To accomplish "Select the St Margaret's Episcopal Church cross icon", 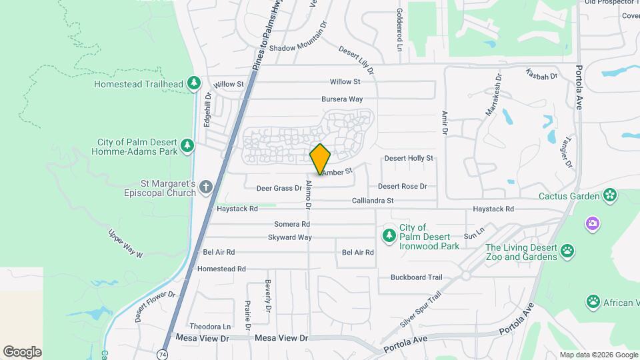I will tap(206, 187).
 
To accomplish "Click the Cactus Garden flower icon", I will tap(609, 195).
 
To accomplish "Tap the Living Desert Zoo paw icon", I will tap(567, 251).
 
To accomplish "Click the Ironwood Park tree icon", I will tap(389, 235).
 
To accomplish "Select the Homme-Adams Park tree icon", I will tap(188, 146).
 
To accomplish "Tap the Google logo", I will tap(22, 352).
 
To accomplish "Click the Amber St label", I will tap(337, 172).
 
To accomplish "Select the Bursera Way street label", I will tap(341, 99).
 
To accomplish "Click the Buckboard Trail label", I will tap(417, 277).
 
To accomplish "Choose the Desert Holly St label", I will tap(409, 158).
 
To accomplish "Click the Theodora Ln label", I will tap(210, 327).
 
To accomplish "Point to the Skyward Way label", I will tap(289, 237).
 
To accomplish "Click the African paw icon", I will tap(593, 302).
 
